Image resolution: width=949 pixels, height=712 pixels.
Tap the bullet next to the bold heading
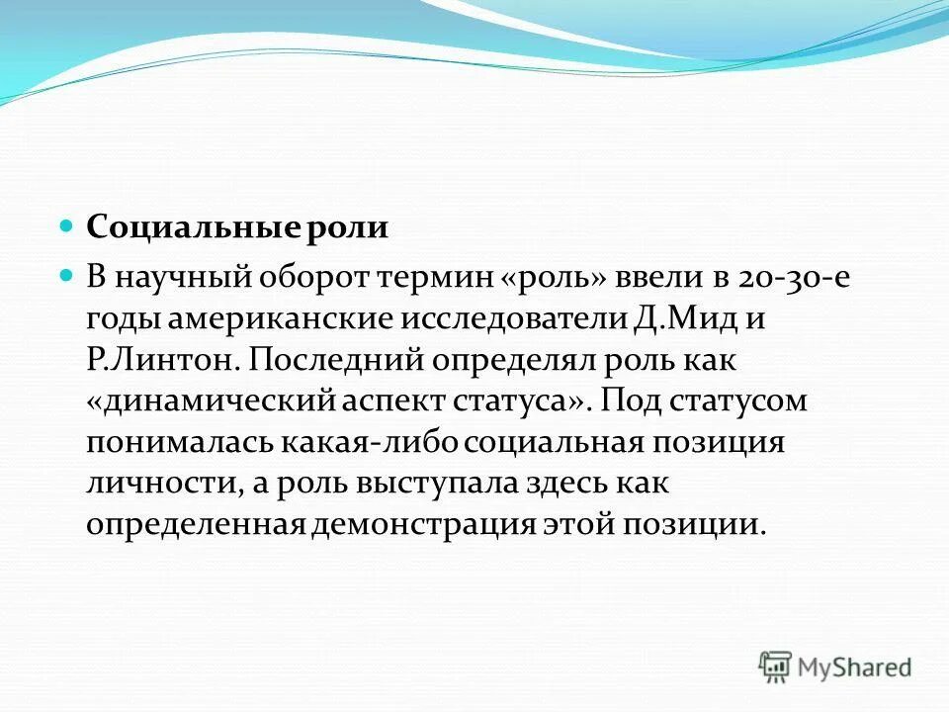(x=67, y=226)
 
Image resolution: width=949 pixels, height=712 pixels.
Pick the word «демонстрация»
(x=423, y=524)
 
